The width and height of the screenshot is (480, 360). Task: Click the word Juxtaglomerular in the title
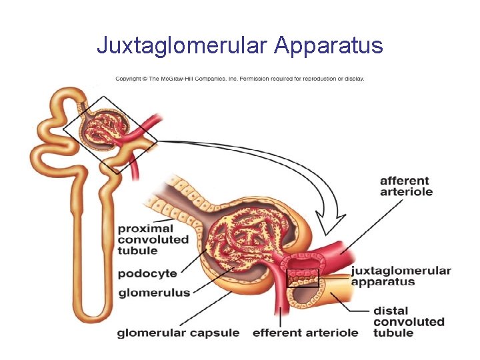pyautogui.click(x=182, y=46)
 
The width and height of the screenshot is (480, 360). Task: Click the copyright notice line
pyautogui.click(x=239, y=79)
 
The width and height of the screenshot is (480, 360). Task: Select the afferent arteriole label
pyautogui.click(x=405, y=186)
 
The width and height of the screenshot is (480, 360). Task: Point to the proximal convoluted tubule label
pyautogui.click(x=153, y=239)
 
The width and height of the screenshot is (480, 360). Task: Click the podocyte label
pyautogui.click(x=147, y=273)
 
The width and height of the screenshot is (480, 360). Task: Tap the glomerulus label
pyautogui.click(x=154, y=292)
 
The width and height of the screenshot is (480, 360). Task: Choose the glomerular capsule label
pyautogui.click(x=178, y=332)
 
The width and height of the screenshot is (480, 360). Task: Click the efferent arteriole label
pyautogui.click(x=305, y=332)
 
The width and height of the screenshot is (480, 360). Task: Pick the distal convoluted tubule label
pyautogui.click(x=408, y=321)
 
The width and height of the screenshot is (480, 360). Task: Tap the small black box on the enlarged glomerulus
pyautogui.click(x=303, y=278)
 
